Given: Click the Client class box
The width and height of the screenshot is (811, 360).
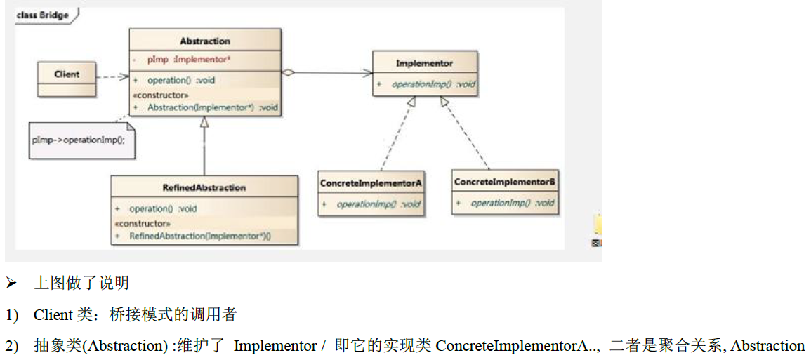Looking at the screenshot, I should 67,78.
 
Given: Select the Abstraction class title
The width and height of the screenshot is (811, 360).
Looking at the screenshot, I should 205,41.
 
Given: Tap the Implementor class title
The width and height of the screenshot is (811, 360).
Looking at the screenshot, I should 424,63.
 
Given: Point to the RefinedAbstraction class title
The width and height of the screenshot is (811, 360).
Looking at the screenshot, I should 204,187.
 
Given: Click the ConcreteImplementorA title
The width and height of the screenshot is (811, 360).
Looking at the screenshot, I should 371,183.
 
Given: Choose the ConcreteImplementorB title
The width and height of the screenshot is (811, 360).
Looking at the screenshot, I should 505,182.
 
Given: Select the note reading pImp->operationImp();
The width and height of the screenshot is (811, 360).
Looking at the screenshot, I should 78,140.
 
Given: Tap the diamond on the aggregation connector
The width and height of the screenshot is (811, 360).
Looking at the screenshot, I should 288,72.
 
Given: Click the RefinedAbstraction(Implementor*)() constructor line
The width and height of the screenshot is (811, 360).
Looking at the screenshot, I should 200,236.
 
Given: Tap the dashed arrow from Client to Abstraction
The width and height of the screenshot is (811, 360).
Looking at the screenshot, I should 112,77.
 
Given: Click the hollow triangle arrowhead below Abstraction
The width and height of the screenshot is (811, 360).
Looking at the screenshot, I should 204,122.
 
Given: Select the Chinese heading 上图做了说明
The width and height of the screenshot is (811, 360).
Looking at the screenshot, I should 81,284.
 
